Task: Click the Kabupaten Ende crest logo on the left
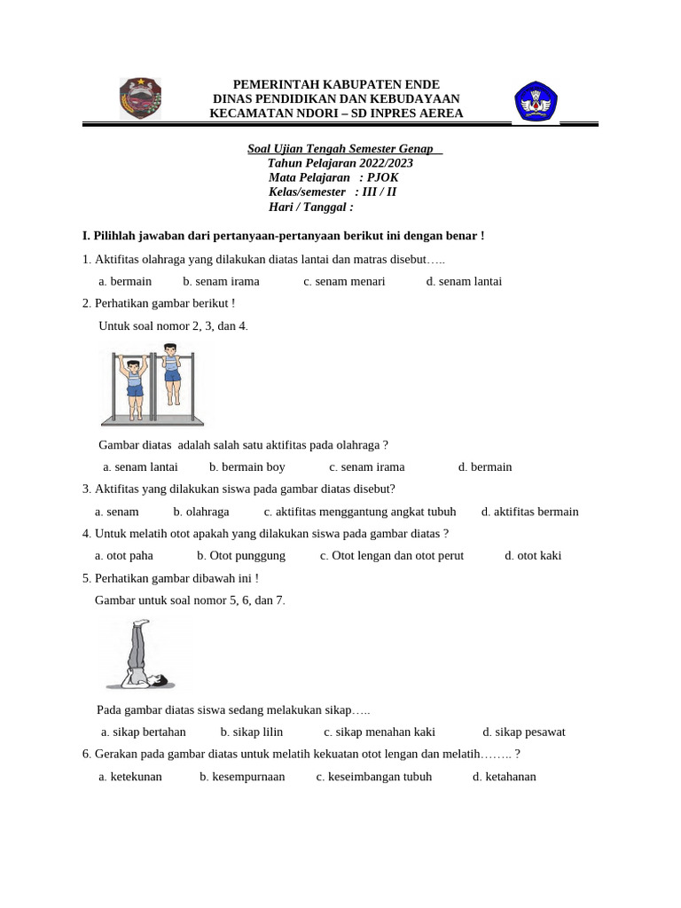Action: point(140,98)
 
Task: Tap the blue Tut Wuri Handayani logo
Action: point(536,101)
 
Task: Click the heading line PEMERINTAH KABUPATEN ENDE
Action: point(336,83)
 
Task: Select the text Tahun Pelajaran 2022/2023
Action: point(340,163)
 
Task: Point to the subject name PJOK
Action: point(385,177)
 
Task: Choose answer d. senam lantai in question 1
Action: point(464,281)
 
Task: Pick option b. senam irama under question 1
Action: point(221,281)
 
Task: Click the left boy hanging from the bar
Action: point(134,387)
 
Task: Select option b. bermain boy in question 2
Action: point(247,466)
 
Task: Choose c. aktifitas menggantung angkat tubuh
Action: point(360,511)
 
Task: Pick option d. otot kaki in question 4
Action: point(533,555)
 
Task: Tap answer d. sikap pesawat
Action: point(523,732)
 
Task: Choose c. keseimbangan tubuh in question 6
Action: point(373,776)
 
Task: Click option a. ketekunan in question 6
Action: point(130,776)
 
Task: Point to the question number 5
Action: point(85,577)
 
